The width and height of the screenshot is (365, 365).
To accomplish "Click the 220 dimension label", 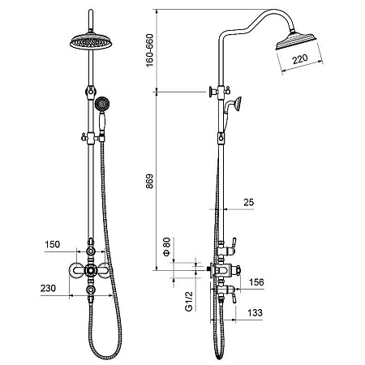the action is pyautogui.click(x=300, y=58).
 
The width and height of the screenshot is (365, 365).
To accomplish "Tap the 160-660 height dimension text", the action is pyautogui.click(x=149, y=50).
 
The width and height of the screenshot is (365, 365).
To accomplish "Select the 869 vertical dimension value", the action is pyautogui.click(x=149, y=181).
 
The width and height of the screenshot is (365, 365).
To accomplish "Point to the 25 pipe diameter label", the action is pyautogui.click(x=249, y=202).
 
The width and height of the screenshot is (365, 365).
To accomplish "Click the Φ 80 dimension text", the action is pyautogui.click(x=167, y=246).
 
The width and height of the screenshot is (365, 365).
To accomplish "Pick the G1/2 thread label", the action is pyautogui.click(x=189, y=301).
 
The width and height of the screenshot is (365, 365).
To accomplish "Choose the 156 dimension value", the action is pyautogui.click(x=256, y=282).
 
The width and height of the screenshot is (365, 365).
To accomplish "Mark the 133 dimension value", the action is pyautogui.click(x=255, y=312).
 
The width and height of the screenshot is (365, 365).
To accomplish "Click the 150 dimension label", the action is pyautogui.click(x=52, y=244).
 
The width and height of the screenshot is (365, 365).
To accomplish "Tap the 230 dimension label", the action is pyautogui.click(x=48, y=288).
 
